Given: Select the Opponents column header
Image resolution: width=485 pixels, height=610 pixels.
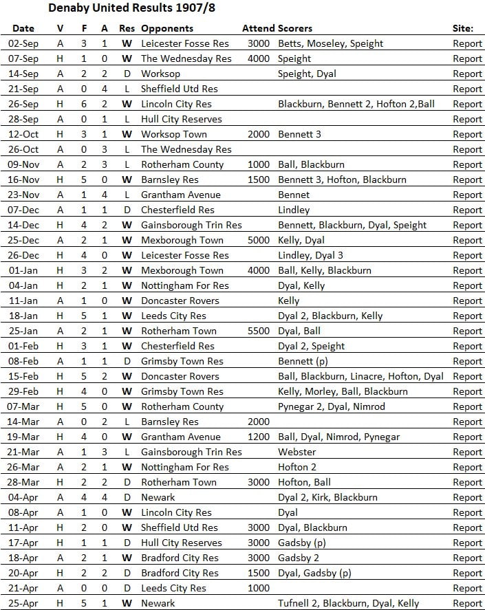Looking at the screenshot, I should tap(167, 29).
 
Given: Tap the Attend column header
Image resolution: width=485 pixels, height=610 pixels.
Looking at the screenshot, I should tap(259, 29).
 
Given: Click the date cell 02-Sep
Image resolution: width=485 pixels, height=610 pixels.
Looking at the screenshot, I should tap(23, 43).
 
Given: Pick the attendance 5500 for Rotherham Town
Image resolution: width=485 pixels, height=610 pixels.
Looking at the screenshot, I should tap(259, 331).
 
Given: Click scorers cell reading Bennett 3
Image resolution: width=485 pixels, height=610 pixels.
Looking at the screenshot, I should tap(299, 134).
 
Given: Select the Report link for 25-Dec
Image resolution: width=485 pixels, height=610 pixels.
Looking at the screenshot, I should tap(467, 240).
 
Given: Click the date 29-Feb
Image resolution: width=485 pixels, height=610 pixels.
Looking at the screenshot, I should tap(23, 391).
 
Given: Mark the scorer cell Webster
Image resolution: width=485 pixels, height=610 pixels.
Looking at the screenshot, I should tap(297, 452).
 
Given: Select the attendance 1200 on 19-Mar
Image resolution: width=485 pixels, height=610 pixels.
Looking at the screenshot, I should tap(259, 437).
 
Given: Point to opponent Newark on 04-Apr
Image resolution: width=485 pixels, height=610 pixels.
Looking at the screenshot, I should tap(158, 497).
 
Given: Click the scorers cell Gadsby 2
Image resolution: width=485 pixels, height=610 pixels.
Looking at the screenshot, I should tap(299, 558).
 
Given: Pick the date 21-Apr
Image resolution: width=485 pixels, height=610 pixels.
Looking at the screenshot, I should tap(23, 588).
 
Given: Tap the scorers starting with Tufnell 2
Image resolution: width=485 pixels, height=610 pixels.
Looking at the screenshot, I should tap(348, 603).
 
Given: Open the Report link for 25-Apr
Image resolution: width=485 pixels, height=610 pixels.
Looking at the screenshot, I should tap(467, 603).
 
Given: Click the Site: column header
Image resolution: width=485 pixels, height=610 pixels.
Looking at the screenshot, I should tap(463, 29).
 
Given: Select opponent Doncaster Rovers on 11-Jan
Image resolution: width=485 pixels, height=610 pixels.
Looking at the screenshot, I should tap(180, 301).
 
